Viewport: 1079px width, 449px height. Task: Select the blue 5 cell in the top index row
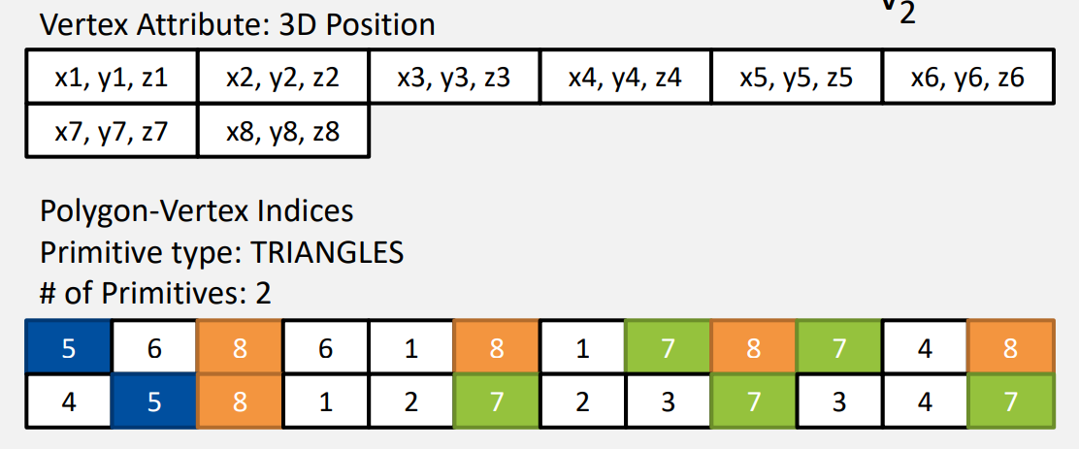pyautogui.click(x=68, y=348)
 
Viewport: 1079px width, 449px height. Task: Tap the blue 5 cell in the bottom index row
pyautogui.click(x=154, y=400)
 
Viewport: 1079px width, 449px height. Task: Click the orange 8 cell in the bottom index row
pyautogui.click(x=240, y=400)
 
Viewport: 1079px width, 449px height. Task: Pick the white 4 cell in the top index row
pyautogui.click(x=925, y=348)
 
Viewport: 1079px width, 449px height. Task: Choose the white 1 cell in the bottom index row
pyautogui.click(x=325, y=400)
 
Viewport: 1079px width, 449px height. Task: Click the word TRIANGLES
pyautogui.click(x=327, y=253)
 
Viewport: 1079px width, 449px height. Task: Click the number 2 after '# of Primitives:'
pyautogui.click(x=263, y=294)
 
